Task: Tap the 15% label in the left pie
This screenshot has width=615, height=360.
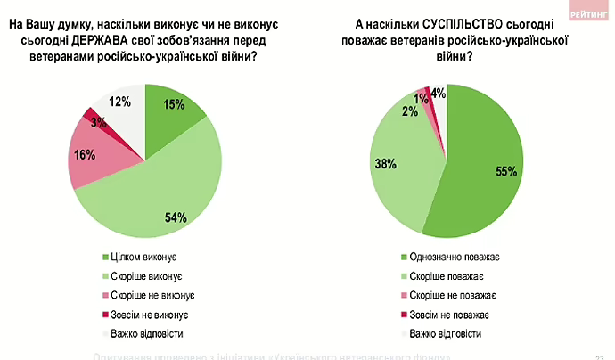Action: click(175, 105)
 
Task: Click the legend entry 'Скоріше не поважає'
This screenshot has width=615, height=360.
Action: click(452, 295)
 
